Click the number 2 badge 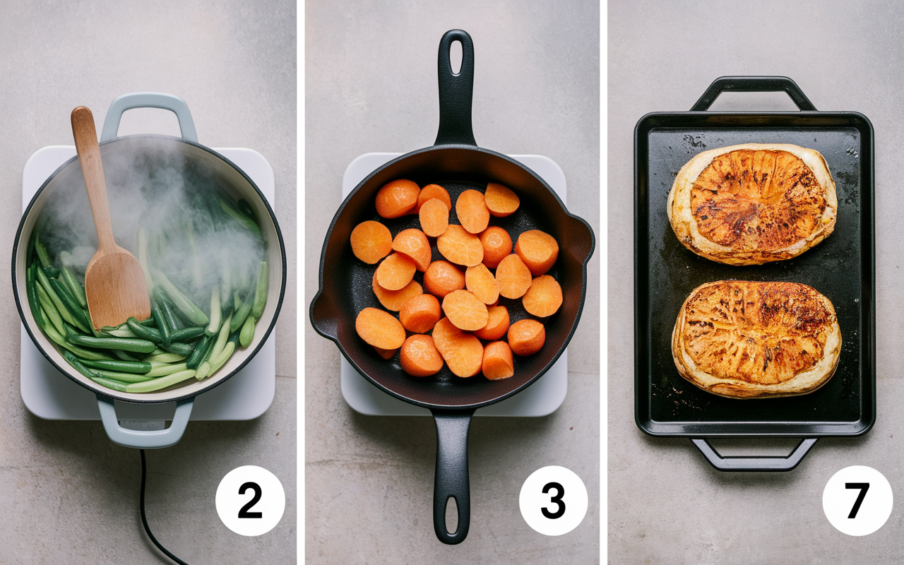click(250, 501)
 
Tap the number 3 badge click(553, 501)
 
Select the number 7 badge click(857, 501)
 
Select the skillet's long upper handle click(456, 89)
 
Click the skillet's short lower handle click(452, 476)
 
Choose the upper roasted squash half click(752, 204)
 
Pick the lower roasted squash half click(756, 339)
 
